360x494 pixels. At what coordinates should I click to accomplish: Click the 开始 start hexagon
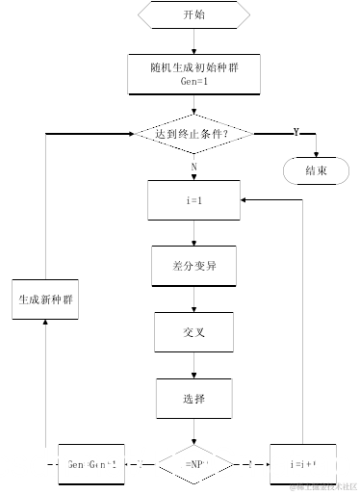[x=193, y=15]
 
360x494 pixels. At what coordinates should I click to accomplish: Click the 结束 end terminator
[x=317, y=170]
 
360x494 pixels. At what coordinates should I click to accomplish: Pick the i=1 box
[x=193, y=200]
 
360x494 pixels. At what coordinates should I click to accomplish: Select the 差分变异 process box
[x=193, y=266]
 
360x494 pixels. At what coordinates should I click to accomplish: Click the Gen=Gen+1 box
[x=92, y=464]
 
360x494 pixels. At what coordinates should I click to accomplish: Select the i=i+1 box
[x=304, y=464]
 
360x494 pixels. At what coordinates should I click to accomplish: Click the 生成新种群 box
[x=46, y=299]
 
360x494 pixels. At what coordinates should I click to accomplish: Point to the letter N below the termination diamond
[x=193, y=166]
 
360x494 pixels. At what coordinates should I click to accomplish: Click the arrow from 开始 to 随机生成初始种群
[x=193, y=41]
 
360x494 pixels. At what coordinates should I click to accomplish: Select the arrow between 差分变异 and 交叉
[x=193, y=299]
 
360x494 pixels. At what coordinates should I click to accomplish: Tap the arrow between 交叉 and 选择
[x=193, y=365]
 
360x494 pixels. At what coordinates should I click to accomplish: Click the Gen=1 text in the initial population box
[x=193, y=83]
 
